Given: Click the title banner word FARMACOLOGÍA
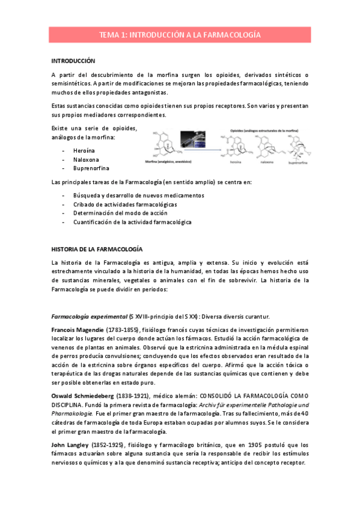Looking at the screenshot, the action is point(233,35).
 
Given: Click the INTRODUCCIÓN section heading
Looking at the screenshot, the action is point(73,61).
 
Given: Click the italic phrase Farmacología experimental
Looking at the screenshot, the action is point(90,316).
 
